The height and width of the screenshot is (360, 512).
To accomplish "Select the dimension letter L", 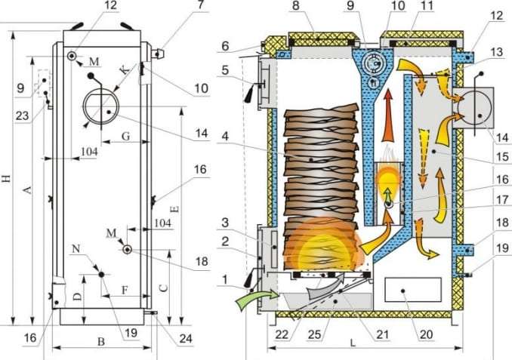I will point(353,341).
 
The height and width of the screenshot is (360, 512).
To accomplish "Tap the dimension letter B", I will point(101,342).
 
